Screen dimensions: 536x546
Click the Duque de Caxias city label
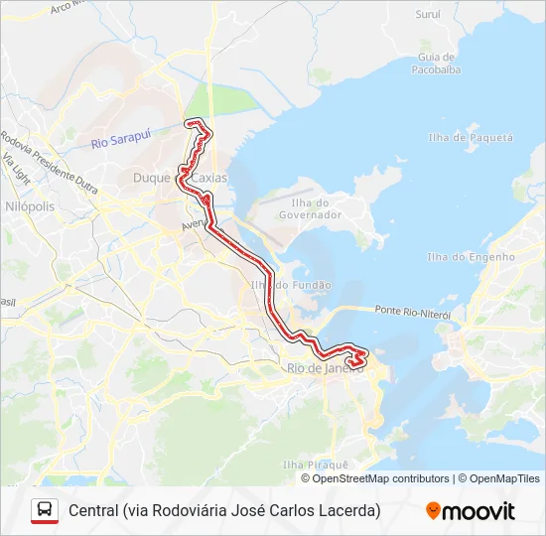180,178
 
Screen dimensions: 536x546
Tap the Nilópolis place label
30,205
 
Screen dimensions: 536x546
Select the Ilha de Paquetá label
470,137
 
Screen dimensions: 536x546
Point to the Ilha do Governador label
310,208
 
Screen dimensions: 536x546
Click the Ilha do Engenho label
471,257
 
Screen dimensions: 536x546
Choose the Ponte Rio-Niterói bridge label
413,312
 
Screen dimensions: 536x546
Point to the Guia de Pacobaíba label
437,63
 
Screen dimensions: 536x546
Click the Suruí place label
428,15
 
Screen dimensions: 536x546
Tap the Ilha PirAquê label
315,464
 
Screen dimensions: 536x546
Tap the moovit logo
471,511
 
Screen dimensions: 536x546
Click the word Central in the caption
94,511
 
